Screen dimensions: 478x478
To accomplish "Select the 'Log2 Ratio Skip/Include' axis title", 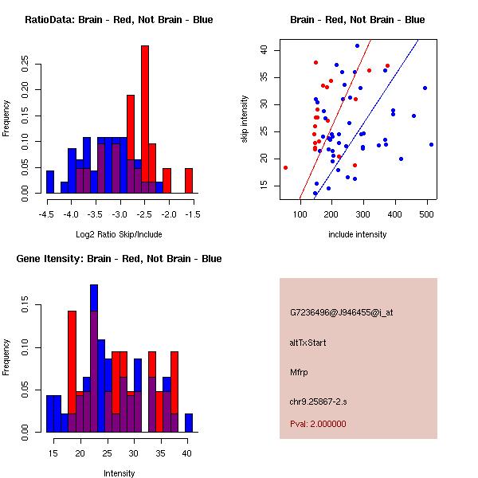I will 119,234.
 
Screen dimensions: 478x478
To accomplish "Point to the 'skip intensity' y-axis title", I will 245,120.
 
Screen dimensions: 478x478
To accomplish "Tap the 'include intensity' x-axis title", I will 357,234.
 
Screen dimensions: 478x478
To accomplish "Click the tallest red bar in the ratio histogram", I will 145,119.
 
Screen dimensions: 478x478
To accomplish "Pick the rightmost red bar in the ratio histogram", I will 189,181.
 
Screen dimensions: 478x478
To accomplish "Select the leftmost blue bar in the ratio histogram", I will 50,182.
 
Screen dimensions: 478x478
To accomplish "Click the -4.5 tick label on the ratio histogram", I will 46,215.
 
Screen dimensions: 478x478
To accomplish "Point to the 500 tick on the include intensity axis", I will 426,214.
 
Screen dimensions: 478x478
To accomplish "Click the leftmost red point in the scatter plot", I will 285,167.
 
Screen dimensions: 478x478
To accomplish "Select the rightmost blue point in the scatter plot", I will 431,144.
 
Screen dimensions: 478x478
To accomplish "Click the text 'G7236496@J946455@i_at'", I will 342,312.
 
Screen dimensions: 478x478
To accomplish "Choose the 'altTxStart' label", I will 308,343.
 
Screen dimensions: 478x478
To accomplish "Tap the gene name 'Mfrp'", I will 299,372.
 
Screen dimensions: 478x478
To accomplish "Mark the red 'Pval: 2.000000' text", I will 318,424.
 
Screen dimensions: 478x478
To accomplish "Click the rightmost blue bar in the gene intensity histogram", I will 189,423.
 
